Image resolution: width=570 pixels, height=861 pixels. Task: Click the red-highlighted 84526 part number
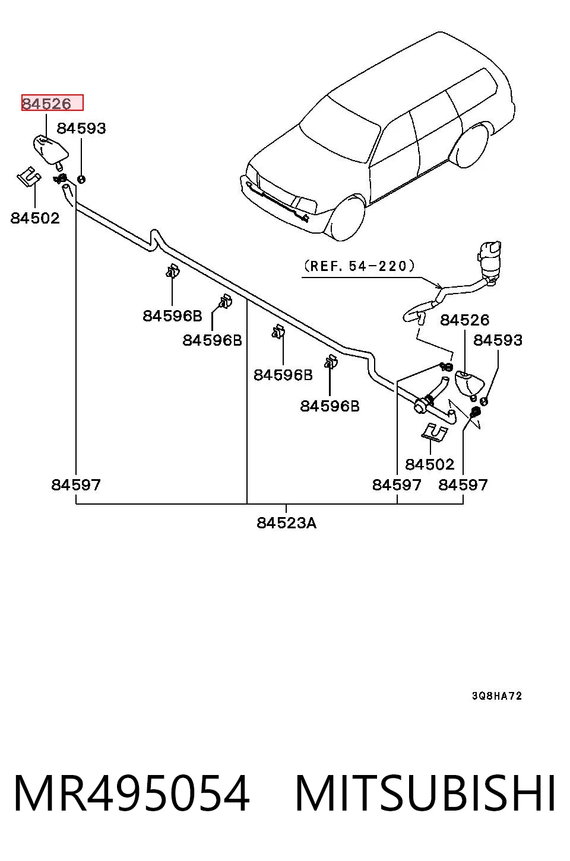coord(46,103)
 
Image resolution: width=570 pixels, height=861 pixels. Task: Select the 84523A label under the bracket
coord(286,523)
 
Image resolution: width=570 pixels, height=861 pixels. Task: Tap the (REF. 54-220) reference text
coord(359,266)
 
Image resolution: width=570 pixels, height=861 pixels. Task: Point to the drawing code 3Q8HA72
coord(497,696)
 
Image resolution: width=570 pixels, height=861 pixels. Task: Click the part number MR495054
coord(132,793)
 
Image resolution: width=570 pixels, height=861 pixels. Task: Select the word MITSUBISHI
coord(425,793)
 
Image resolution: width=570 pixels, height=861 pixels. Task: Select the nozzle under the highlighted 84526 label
coord(50,151)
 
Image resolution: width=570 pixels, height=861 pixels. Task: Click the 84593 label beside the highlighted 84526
coord(81,129)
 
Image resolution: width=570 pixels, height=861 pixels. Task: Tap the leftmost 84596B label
coord(172,316)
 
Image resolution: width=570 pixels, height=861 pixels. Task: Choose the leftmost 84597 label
coord(76,484)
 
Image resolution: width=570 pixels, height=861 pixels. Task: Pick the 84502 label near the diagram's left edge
coord(35,218)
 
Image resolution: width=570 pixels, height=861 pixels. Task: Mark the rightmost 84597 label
coord(463,484)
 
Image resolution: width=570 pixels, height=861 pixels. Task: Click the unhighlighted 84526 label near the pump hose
coord(464,320)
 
